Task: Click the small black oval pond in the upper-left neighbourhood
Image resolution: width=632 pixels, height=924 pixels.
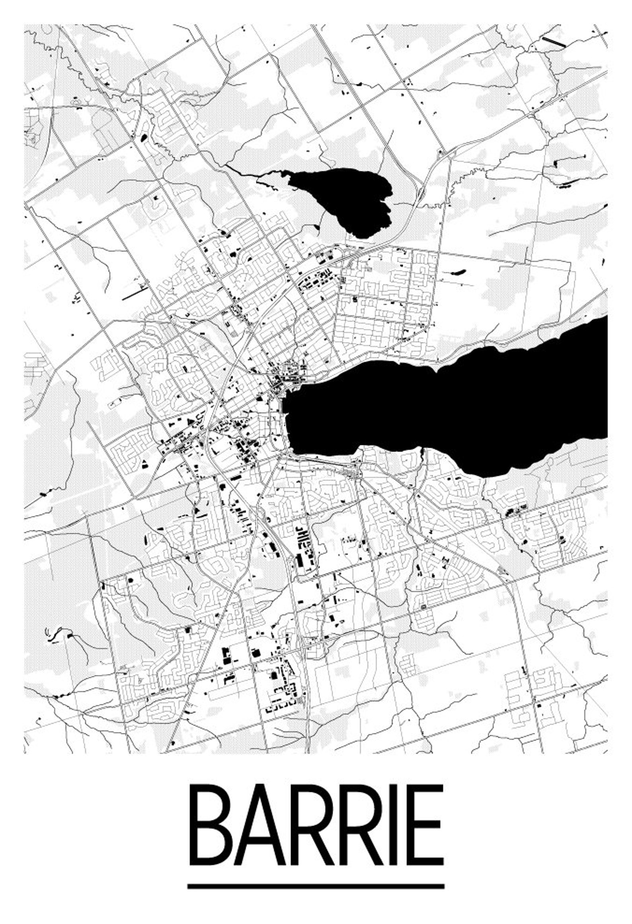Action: [143, 139]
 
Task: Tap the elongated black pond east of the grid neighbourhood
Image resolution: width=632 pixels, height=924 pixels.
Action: [458, 273]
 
